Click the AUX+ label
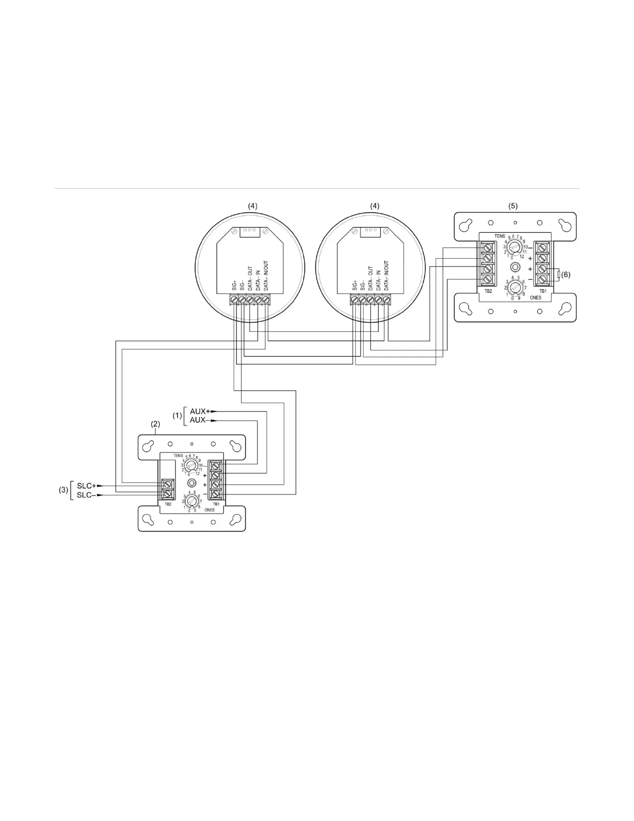(x=199, y=411)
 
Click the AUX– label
(x=199, y=420)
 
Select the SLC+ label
(x=86, y=486)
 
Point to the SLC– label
(x=86, y=495)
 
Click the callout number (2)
(x=156, y=423)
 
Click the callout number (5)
(x=513, y=205)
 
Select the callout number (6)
(x=566, y=275)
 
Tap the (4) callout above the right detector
(x=374, y=205)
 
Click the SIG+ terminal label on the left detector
(x=234, y=285)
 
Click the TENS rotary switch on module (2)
(x=192, y=464)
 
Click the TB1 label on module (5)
(x=542, y=291)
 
